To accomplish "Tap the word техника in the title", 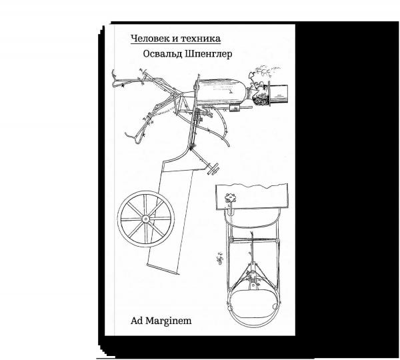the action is click(x=201, y=39).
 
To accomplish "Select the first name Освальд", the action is click(x=162, y=55).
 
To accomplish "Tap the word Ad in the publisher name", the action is click(x=137, y=321).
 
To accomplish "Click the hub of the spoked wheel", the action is click(x=145, y=219).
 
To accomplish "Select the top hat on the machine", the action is click(x=277, y=95).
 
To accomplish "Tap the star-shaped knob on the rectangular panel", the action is click(x=230, y=197).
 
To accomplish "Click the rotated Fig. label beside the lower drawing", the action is click(x=219, y=256).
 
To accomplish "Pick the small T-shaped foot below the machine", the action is click(x=213, y=169).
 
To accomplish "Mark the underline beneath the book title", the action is click(x=176, y=44).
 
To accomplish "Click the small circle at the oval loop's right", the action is click(x=275, y=305).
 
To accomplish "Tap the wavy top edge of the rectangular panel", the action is click(x=252, y=185).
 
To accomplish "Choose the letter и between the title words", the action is click(x=176, y=39).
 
